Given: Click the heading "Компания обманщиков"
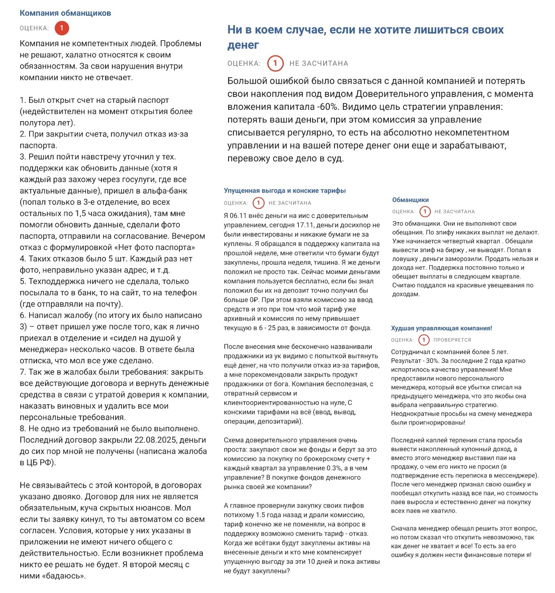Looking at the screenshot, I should pos(65,13).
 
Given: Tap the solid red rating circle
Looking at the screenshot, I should pos(62,28).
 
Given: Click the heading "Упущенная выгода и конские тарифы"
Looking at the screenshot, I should pos(285,191).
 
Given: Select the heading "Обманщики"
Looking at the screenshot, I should pos(410,200).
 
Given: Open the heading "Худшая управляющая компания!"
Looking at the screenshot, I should pos(441,328).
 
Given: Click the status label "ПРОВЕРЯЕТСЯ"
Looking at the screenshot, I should pos(452,340).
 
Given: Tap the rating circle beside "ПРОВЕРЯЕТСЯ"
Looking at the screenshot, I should pos(424,340).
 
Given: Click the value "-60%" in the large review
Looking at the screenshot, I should pos(327,107).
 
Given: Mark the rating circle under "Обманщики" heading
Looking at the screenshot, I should pos(425,212).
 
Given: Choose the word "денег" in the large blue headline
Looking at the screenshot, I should pos(243,45).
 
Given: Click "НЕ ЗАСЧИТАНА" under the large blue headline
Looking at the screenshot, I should pos(319,63).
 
